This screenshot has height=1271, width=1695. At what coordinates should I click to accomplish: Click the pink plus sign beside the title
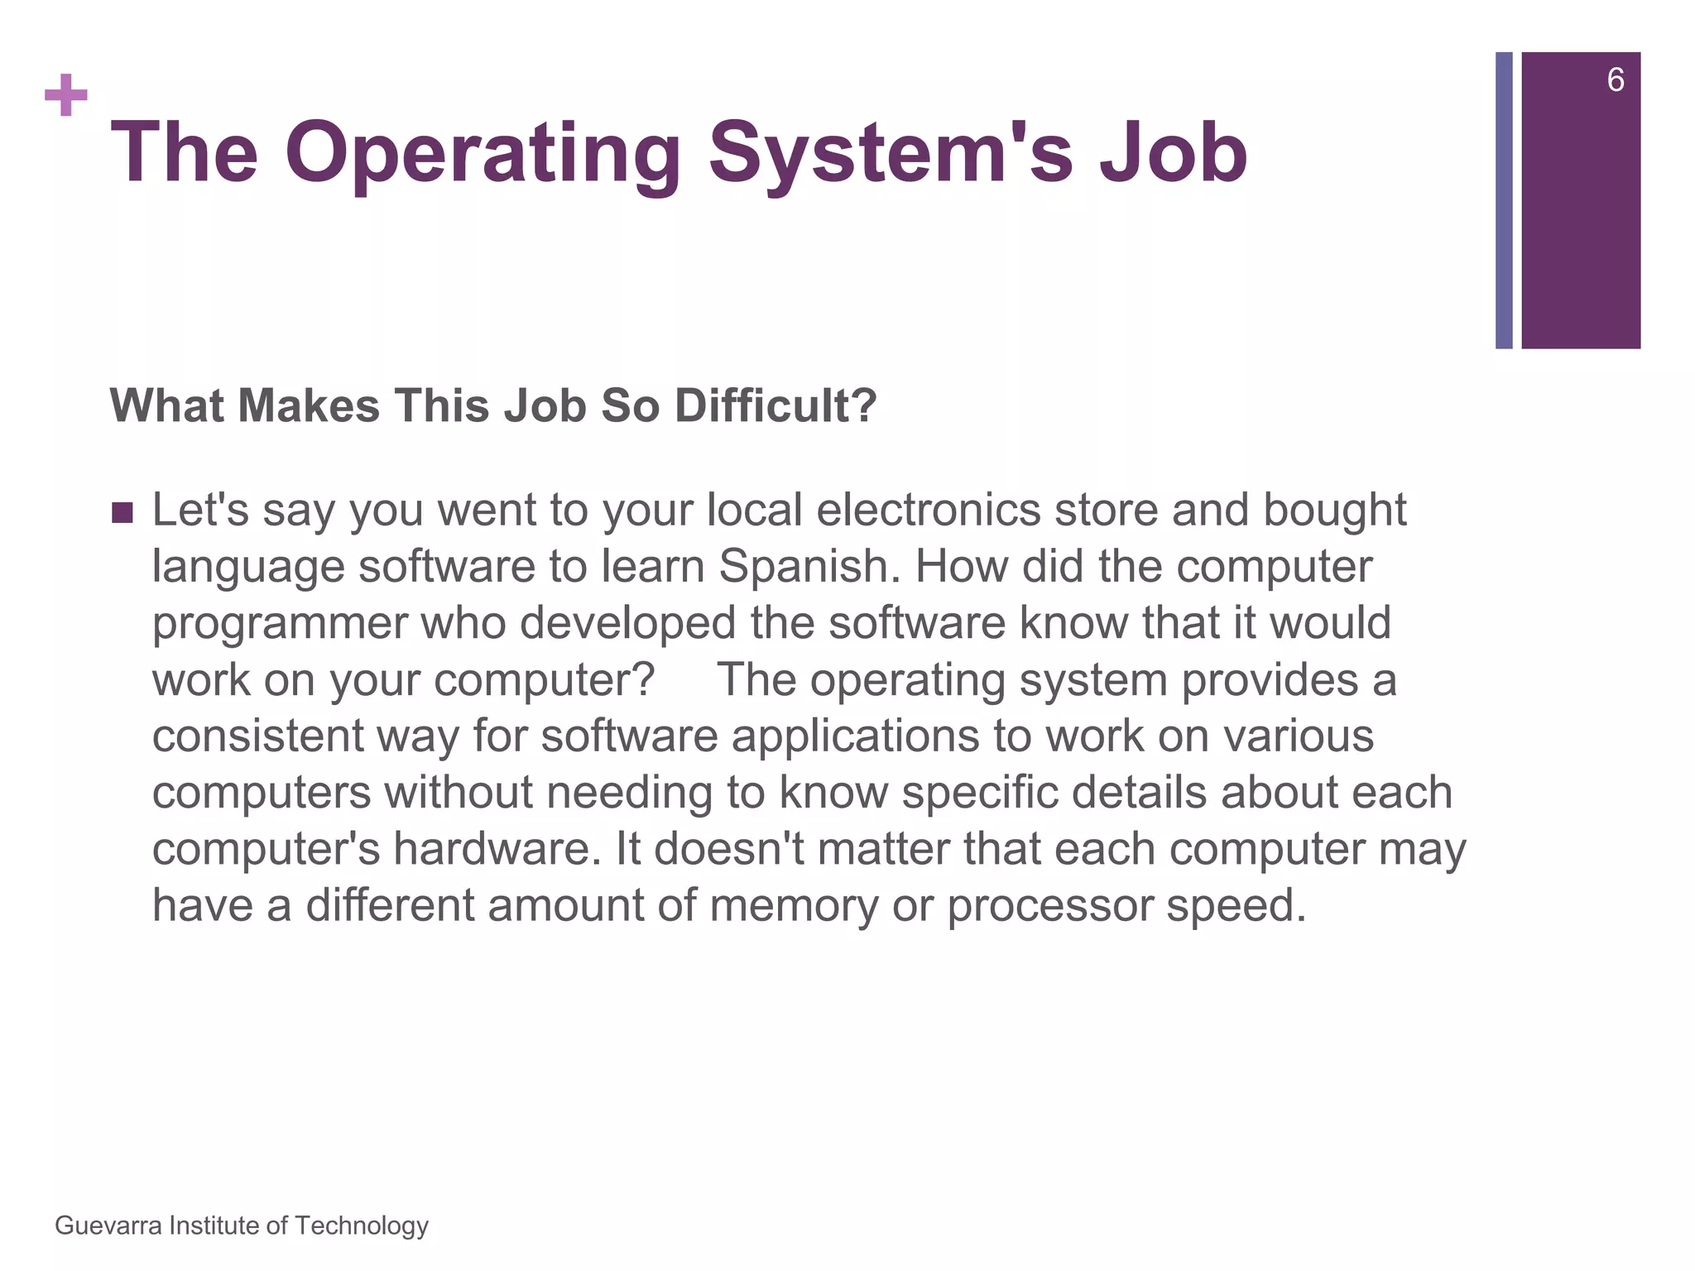(66, 95)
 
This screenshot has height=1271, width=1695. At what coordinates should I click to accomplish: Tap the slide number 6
(1615, 80)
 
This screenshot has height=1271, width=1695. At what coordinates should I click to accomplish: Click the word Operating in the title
(483, 154)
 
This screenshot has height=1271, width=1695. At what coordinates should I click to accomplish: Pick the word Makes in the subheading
(309, 406)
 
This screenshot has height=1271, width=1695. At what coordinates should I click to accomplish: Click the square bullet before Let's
(122, 512)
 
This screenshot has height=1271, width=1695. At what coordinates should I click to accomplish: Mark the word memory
(793, 906)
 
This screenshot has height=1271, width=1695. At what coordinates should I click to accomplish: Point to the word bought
(1334, 510)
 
